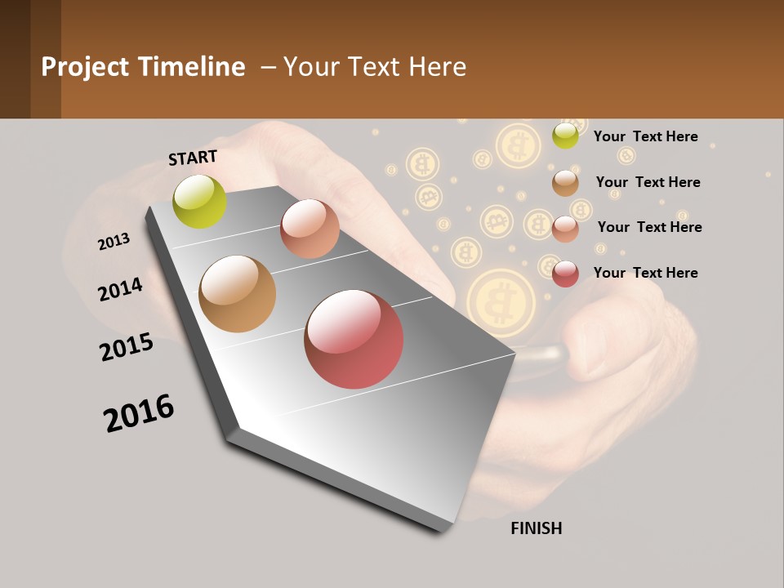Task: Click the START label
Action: click(193, 158)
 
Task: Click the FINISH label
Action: click(536, 528)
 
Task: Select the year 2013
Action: click(114, 242)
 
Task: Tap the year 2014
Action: click(120, 289)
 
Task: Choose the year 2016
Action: click(139, 413)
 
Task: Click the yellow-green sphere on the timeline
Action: click(200, 201)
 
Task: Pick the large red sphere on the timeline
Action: click(354, 339)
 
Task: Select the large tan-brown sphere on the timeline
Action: click(237, 294)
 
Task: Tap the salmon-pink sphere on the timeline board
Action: click(310, 228)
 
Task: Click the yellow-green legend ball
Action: click(565, 136)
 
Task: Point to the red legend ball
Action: click(565, 274)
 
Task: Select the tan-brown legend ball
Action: click(565, 183)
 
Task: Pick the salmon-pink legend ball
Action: click(565, 229)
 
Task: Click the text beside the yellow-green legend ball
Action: click(645, 136)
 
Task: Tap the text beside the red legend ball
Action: click(645, 273)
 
